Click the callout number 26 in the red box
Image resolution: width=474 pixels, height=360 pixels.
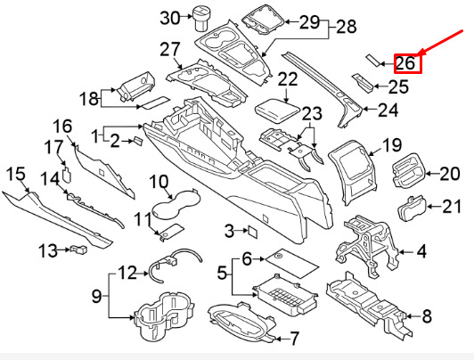pyautogui.click(x=405, y=62)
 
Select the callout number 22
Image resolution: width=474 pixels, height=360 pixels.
pyautogui.click(x=287, y=79)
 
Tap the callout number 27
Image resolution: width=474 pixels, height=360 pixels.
pyautogui.click(x=170, y=48)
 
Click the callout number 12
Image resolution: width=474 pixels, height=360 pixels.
pyautogui.click(x=127, y=272)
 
